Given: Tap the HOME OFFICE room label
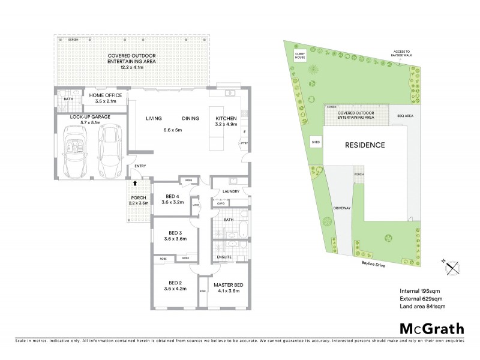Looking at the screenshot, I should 106,95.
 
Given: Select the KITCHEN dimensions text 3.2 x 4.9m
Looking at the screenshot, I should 227,125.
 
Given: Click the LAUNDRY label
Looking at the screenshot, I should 230,192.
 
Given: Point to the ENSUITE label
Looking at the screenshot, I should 224,257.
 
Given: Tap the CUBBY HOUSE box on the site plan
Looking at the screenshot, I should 300,56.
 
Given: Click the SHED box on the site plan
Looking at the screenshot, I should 315,142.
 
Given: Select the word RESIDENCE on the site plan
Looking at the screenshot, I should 364,145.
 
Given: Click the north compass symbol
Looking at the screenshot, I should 453,266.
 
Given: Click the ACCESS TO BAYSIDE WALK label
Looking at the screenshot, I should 400,53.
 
